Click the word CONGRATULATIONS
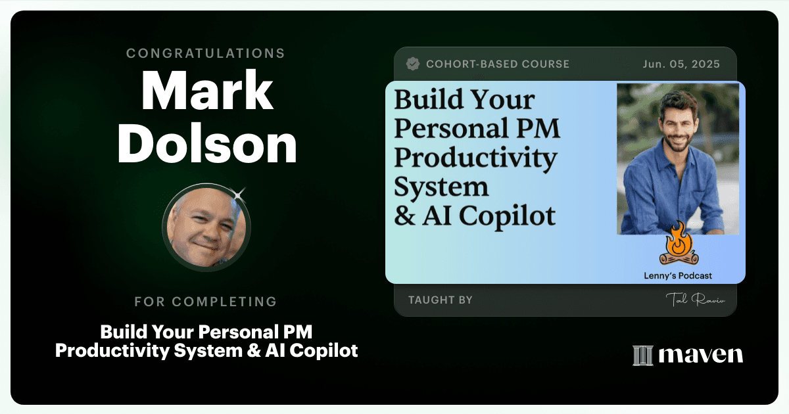tap(205, 53)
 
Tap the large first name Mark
tap(207, 91)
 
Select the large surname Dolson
tap(207, 144)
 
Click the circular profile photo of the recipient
tap(206, 227)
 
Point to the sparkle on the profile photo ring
tap(239, 195)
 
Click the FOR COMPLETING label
tap(206, 302)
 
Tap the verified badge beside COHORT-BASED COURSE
tap(412, 64)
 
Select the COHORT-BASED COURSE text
tap(498, 64)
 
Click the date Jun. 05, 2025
tap(681, 64)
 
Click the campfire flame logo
tap(679, 243)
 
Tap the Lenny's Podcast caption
tap(678, 275)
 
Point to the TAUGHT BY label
tap(441, 300)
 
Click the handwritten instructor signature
tap(695, 300)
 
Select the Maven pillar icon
tap(643, 356)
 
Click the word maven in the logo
tap(701, 355)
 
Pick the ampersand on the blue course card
tap(405, 216)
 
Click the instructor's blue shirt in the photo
tap(671, 190)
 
